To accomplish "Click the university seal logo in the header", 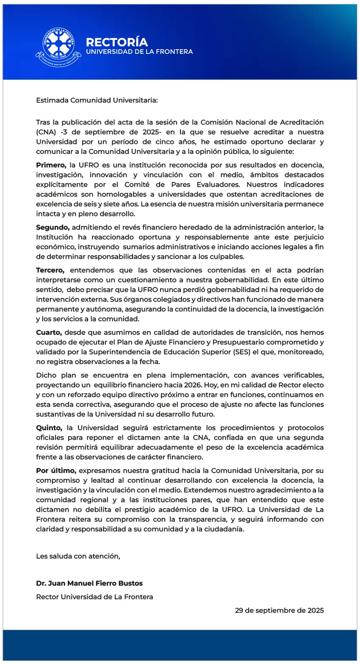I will click(x=58, y=47).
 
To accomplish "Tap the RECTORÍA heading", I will click(x=117, y=42).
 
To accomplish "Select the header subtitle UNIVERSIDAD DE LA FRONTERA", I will click(x=139, y=52).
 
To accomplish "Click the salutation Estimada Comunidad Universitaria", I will click(x=97, y=100).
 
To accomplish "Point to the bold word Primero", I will click(x=51, y=165).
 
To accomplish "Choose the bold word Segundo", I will click(x=53, y=228).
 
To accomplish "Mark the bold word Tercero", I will click(x=50, y=270).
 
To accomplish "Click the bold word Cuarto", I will click(x=49, y=333).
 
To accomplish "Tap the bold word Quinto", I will click(x=49, y=428).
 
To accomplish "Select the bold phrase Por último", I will click(x=56, y=471).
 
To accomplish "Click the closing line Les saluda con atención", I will click(x=78, y=556).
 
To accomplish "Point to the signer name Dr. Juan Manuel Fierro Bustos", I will click(x=89, y=583).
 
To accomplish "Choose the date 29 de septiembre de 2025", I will click(x=280, y=611).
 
